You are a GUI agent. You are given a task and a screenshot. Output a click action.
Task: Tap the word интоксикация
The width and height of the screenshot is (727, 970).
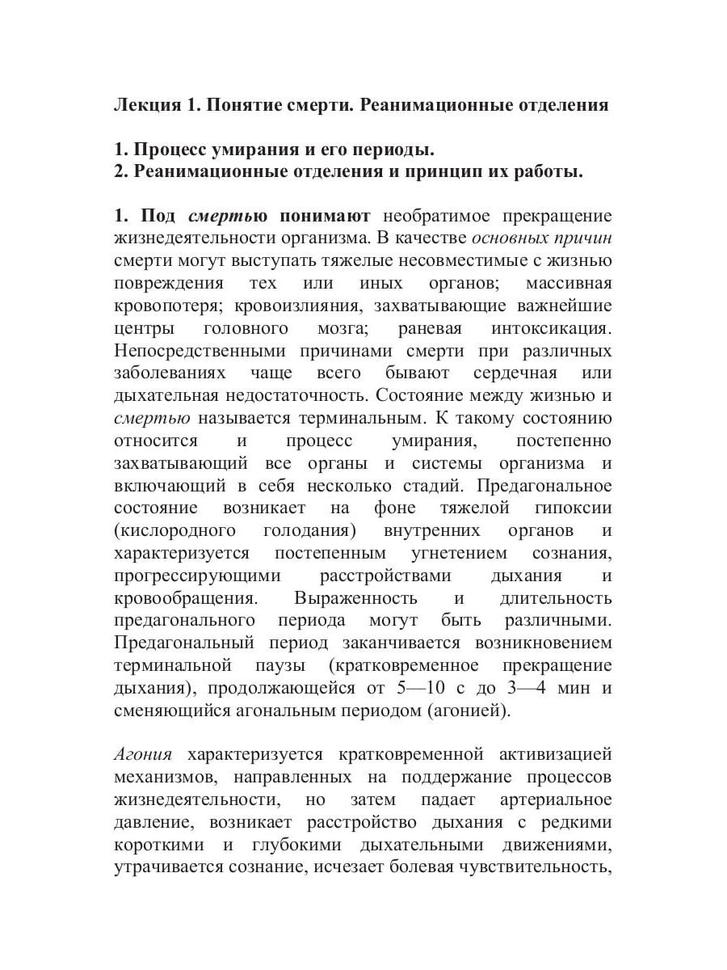pos(551,329)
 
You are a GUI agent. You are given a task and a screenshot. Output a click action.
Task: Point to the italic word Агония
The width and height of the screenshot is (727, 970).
pos(143,755)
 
